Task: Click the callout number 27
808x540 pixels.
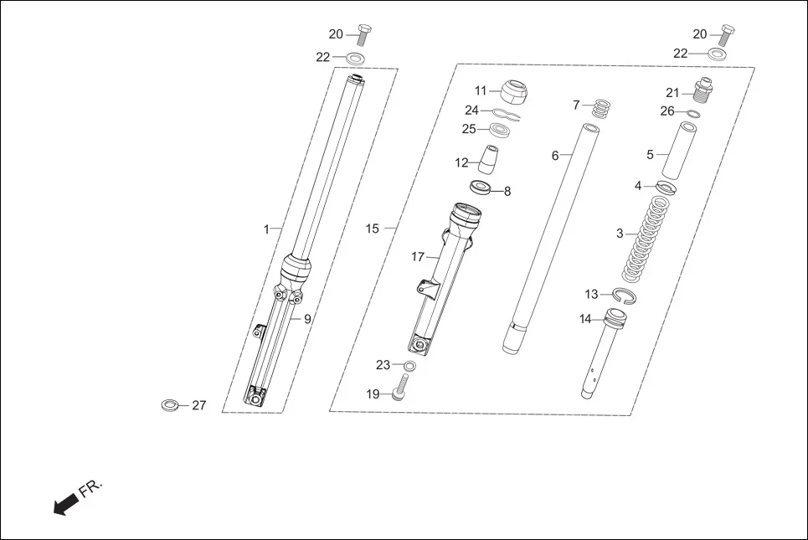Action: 198,406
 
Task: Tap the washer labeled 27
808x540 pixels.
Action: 170,406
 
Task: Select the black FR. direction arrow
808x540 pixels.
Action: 65,504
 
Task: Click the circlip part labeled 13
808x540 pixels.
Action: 624,294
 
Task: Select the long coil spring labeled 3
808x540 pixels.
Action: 645,239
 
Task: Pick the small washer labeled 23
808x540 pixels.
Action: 409,366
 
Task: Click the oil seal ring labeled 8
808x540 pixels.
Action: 481,188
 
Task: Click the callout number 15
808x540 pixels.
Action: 372,229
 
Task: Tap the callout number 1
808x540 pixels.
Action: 266,229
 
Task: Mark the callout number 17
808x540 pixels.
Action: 418,257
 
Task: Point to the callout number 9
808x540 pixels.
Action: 307,319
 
